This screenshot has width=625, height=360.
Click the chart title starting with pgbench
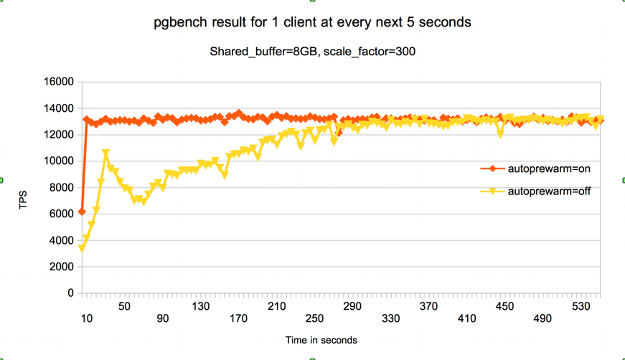coord(312,22)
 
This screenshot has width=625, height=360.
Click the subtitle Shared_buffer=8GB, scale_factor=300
coord(313,52)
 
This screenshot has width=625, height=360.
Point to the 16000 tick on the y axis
coord(60,82)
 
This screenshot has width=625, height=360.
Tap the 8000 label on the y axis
coord(62,188)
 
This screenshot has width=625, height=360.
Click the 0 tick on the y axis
coord(70,293)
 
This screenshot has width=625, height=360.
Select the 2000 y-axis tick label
coord(62,267)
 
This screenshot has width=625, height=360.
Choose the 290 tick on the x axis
coord(352,306)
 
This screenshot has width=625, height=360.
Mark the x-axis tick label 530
coord(581,306)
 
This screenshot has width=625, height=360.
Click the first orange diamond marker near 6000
coord(82,212)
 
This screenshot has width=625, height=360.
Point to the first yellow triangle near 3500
coord(82,248)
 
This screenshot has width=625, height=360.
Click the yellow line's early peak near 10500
coord(105,154)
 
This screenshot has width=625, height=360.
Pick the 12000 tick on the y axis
coord(60,135)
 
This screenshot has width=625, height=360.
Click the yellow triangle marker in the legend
coord(493,191)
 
